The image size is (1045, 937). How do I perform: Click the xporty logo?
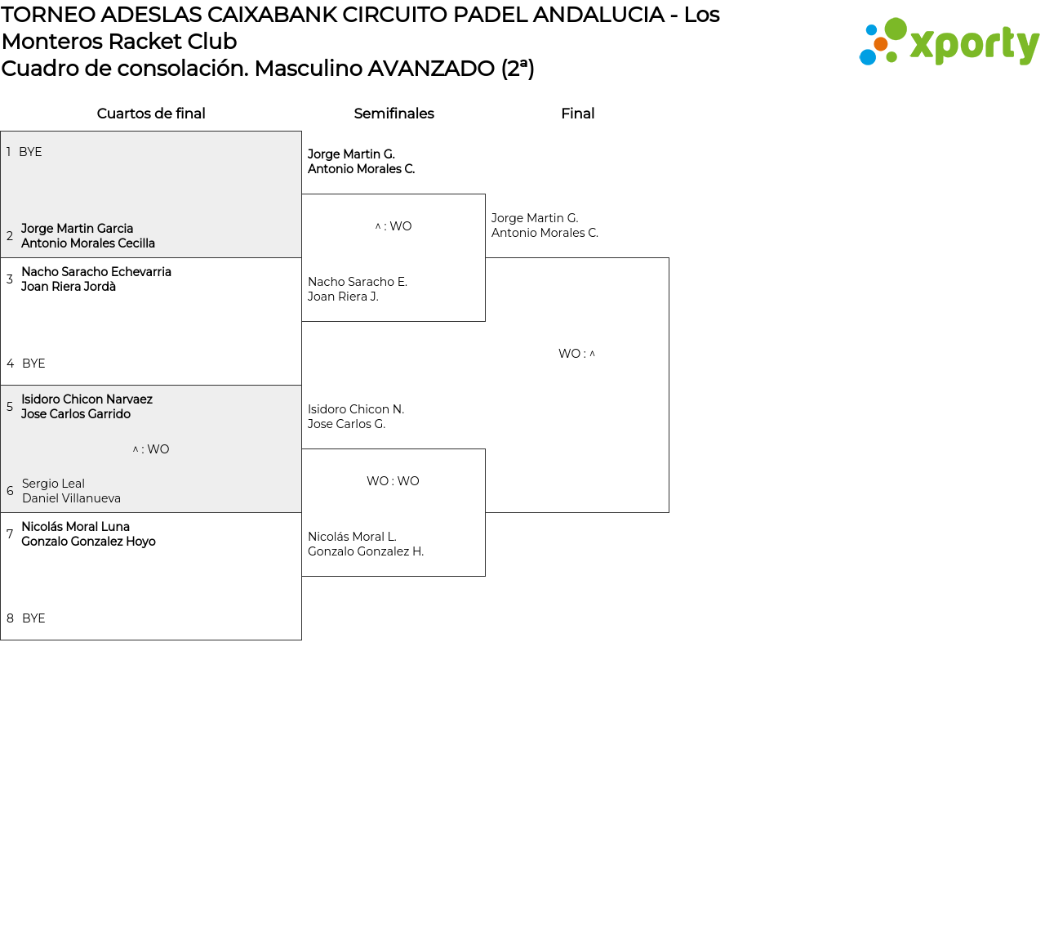coord(949,42)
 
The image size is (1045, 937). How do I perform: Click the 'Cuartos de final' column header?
coord(151,114)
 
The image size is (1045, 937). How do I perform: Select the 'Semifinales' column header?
coord(394,114)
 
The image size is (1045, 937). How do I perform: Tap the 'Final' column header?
coord(577,114)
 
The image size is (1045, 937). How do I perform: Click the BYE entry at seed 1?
coord(30,152)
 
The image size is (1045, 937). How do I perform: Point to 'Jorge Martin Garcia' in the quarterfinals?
coord(77,229)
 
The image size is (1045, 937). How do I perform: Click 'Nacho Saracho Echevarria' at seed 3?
coord(96,272)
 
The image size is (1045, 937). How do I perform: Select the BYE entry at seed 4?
coord(33,364)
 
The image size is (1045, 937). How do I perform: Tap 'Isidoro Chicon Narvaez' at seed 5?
coord(87,399)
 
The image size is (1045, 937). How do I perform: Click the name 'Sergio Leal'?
coord(53,484)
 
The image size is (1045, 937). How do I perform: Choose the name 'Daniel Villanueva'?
coord(71,498)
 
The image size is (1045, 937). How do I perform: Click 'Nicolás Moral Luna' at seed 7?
coord(75,527)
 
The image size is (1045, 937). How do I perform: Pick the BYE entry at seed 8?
coord(33,618)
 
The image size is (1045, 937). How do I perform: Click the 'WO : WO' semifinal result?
coord(393,481)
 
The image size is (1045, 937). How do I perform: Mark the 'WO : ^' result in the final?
coord(576,354)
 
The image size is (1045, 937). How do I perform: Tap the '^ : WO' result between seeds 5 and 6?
coord(151,449)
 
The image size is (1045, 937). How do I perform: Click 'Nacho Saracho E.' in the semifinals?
coord(358,282)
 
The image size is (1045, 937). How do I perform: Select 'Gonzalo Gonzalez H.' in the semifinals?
coord(366,551)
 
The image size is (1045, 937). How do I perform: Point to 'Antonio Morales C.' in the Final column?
coord(545,233)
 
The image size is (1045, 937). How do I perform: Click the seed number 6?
coord(10,491)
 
